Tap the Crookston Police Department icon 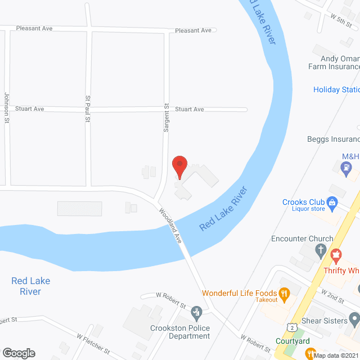[x=196, y=312]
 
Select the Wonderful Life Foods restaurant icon [x=285, y=293]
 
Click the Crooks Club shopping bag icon [x=332, y=202]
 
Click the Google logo [x=19, y=353]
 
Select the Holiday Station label [x=336, y=89]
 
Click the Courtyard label [x=292, y=341]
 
